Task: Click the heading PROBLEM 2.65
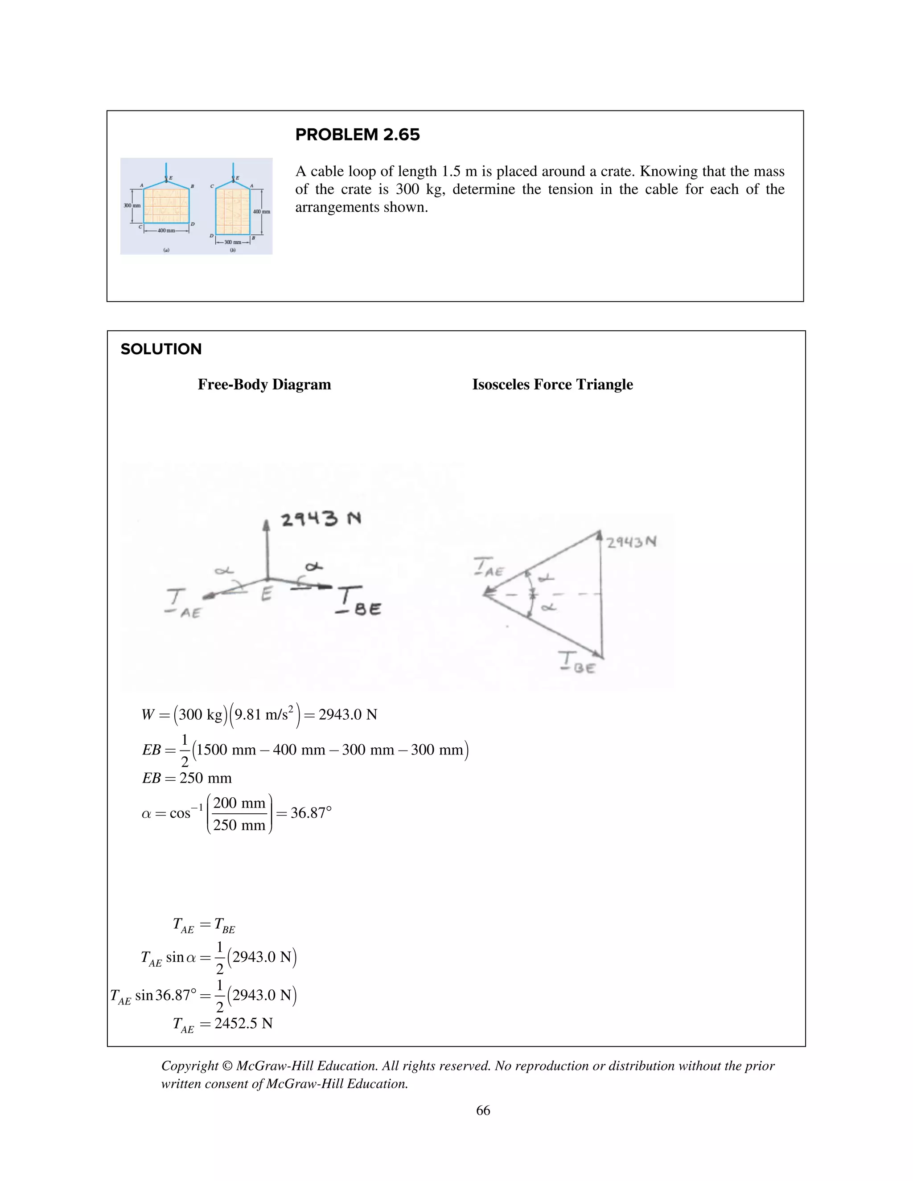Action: point(357,135)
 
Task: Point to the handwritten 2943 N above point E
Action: point(320,519)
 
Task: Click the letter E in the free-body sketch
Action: point(266,594)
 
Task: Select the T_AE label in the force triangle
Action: point(489,567)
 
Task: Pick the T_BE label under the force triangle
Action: point(576,663)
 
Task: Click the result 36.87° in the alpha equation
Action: point(311,813)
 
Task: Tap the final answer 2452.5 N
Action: point(243,1023)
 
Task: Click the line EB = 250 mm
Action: point(187,778)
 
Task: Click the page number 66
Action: point(483,1110)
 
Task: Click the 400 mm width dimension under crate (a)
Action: point(166,231)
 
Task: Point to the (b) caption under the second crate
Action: point(233,250)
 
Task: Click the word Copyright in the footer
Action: point(189,1066)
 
